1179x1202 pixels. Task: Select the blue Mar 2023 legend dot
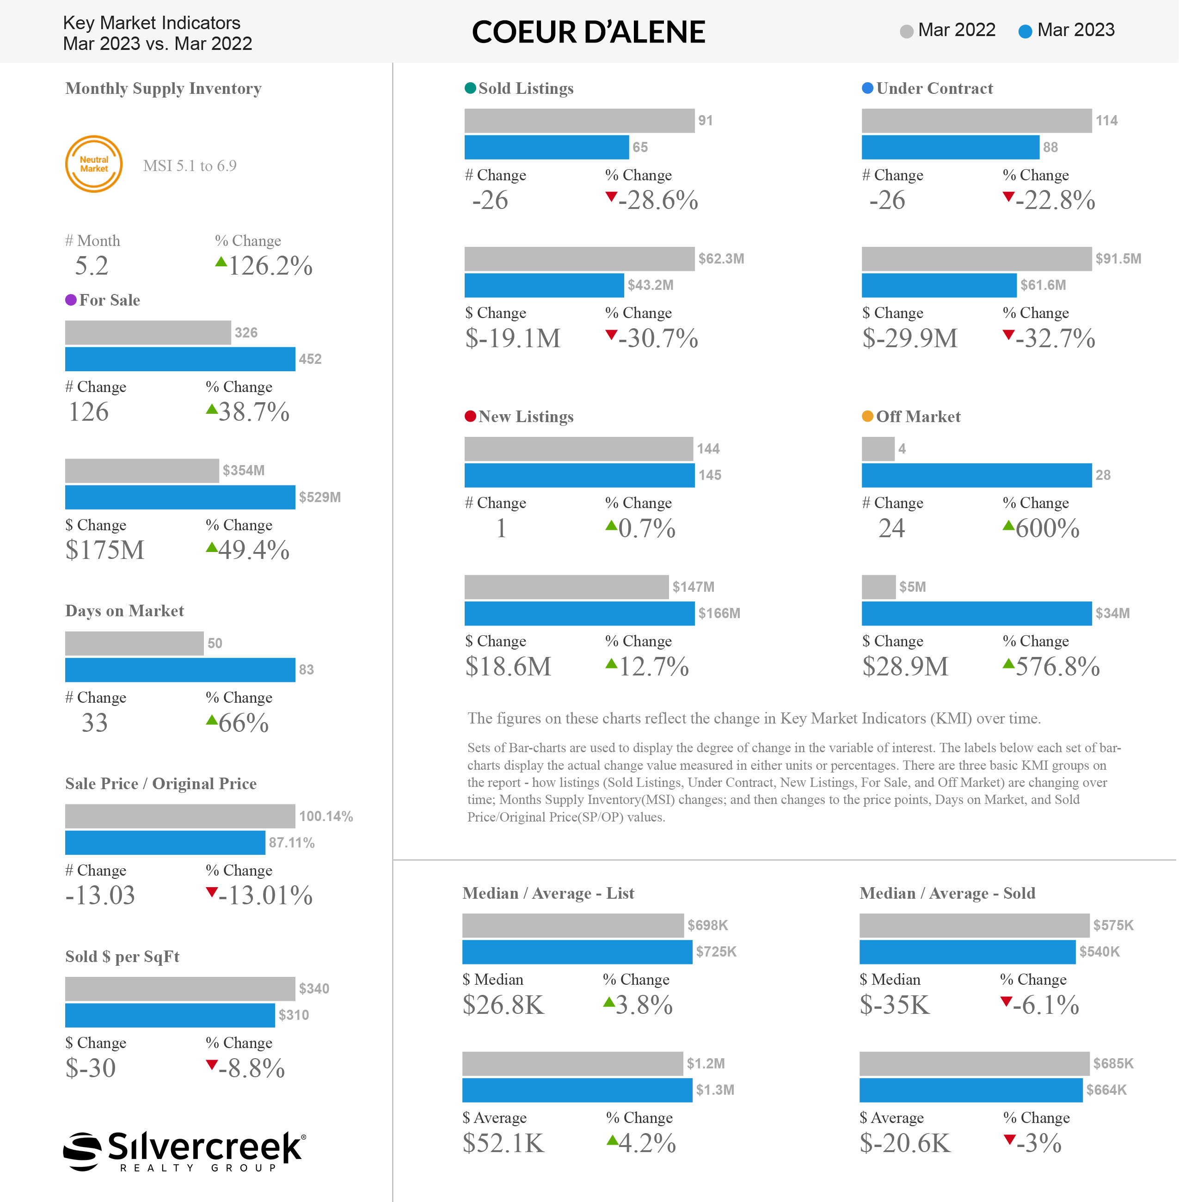[x=1025, y=31]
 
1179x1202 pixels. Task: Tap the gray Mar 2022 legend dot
[x=907, y=31]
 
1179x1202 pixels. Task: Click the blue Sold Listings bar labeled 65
[x=547, y=147]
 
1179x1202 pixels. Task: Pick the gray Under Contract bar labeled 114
[x=976, y=121]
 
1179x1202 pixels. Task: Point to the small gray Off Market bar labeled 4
[x=878, y=449]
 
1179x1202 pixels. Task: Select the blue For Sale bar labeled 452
[x=180, y=359]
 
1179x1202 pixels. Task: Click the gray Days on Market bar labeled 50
[x=135, y=644]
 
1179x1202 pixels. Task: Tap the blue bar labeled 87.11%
[x=166, y=843]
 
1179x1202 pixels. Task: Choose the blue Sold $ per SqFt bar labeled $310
[x=170, y=1015]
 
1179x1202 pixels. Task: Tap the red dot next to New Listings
[x=471, y=416]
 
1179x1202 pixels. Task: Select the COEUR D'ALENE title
[x=589, y=32]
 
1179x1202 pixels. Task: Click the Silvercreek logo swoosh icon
[x=82, y=1151]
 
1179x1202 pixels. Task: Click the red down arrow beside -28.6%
[x=611, y=197]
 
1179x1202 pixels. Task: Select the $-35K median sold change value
[x=895, y=1005]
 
